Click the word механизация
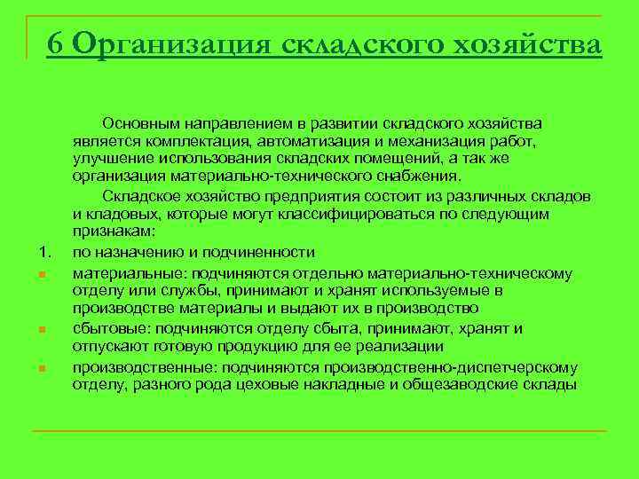tap(443, 141)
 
